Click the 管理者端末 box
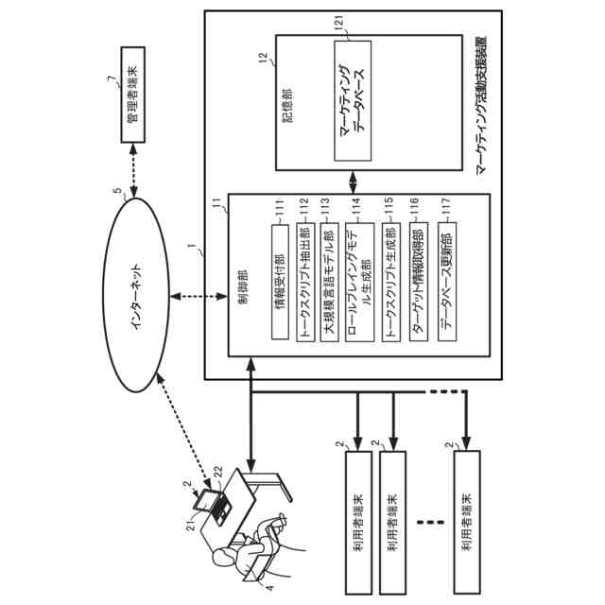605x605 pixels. coord(133,95)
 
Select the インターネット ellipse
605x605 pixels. coord(136,295)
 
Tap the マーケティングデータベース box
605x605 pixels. coord(353,101)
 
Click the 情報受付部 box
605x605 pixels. coord(280,282)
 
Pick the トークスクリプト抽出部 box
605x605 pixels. coord(305,282)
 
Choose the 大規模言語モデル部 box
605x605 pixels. coord(330,282)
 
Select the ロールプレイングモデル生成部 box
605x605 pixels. coord(359,282)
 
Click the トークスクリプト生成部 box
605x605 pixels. coord(391,282)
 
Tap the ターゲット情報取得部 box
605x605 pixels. coord(419,282)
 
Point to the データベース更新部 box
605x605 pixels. coord(447,282)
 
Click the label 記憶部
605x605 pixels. coord(287,106)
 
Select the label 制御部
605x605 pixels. coord(243,286)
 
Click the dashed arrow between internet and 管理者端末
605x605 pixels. coord(133,170)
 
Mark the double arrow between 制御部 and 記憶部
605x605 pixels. coord(353,181)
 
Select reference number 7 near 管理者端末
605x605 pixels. coord(112,78)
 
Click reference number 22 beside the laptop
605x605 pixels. coord(218,472)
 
